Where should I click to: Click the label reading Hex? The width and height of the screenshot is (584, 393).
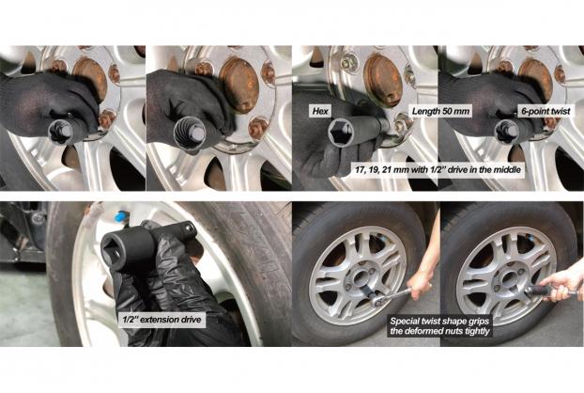(320, 111)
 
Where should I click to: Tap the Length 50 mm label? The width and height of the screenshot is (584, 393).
(440, 111)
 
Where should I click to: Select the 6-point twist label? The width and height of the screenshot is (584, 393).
(546, 111)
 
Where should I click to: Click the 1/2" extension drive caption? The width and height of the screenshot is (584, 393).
(162, 319)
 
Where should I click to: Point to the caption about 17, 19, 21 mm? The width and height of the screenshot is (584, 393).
(438, 169)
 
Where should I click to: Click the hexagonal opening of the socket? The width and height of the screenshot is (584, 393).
(341, 133)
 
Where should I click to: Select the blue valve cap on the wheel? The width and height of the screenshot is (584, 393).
(120, 216)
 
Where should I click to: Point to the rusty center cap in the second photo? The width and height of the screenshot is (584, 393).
(238, 85)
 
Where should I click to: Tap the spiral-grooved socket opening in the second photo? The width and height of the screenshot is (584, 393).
(190, 134)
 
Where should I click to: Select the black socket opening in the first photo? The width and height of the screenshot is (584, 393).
(60, 132)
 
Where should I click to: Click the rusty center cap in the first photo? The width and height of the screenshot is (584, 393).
(90, 78)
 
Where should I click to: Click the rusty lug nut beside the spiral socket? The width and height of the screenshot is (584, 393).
(258, 128)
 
